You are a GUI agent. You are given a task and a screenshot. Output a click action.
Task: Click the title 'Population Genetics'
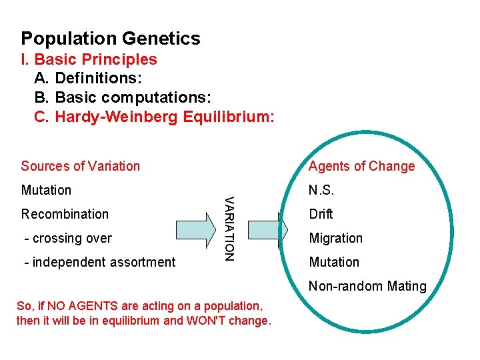[x=110, y=39]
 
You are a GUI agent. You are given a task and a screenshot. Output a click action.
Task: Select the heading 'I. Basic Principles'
[x=89, y=59]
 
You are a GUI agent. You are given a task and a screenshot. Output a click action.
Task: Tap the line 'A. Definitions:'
[x=87, y=79]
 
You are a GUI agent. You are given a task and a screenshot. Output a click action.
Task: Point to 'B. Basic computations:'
[x=122, y=98]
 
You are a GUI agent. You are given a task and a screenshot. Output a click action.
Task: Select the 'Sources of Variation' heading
[x=81, y=166]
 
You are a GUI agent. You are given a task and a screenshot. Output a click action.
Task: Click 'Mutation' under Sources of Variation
[x=46, y=190]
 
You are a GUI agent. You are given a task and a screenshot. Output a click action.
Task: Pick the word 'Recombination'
[x=65, y=214]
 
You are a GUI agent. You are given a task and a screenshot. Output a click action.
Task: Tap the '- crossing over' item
[x=67, y=238]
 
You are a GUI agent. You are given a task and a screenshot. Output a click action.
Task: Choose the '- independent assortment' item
[x=99, y=262]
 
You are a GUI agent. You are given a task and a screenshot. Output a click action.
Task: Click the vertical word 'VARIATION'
[x=229, y=227]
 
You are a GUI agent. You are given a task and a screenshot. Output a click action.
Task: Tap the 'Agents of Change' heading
[x=361, y=166]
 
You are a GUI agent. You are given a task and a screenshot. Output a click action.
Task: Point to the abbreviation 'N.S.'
[x=321, y=190]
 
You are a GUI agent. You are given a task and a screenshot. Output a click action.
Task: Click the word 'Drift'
[x=321, y=214]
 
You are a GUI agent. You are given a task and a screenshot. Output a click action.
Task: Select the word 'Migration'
[x=335, y=238]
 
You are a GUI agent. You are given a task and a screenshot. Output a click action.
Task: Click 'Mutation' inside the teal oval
[x=333, y=262]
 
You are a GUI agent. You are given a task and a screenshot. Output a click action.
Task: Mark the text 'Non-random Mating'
[x=367, y=286]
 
